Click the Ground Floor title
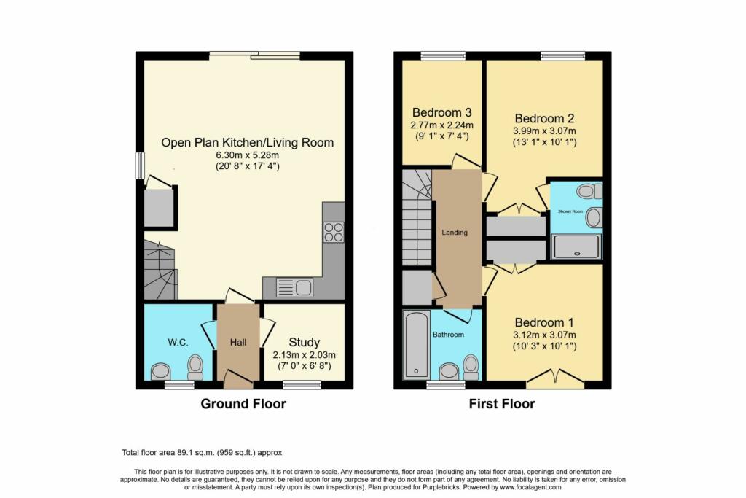243,404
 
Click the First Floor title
502,404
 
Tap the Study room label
304,342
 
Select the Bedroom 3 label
442,113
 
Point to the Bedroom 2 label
545,119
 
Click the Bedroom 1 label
545,322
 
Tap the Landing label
455,233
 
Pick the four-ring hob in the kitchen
334,233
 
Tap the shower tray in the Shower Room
576,246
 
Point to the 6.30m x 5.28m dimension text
247,155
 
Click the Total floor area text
203,452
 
